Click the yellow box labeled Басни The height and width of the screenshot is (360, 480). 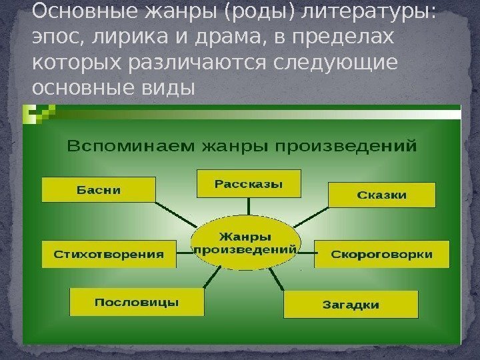99,189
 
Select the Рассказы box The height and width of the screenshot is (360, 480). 248,183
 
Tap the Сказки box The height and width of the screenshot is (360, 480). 381,195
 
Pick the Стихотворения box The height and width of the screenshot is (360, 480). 109,254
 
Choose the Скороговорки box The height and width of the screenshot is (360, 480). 381,254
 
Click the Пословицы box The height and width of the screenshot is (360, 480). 136,302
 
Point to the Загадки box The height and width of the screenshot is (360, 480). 351,305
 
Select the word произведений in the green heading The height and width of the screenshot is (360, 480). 356,145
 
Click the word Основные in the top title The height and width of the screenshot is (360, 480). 73,12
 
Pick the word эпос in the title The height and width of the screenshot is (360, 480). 50,39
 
